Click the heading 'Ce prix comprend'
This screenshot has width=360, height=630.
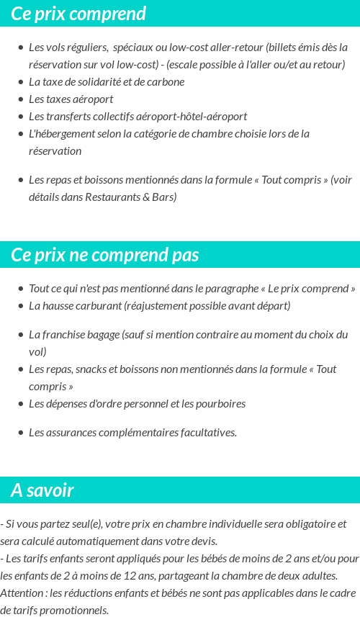pos(78,14)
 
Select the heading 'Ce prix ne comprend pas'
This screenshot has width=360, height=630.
pos(105,256)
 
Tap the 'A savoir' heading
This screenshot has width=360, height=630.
pos(42,490)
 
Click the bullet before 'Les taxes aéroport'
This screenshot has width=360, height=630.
pos(21,99)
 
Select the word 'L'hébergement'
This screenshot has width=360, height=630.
pos(60,134)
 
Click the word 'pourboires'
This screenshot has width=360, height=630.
pos(219,404)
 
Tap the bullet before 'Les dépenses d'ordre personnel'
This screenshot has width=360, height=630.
pos(21,404)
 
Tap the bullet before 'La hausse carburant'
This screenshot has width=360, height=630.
pos(21,306)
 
